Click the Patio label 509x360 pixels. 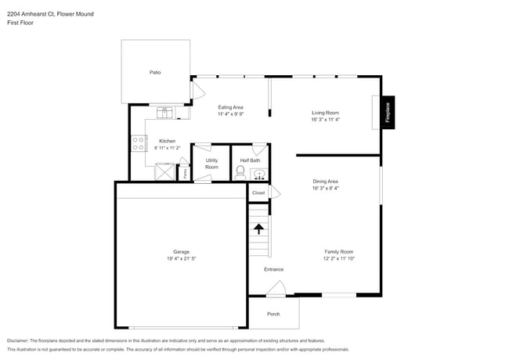click(155, 72)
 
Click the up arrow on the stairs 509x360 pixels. click(258, 229)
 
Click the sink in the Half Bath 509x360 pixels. click(260, 174)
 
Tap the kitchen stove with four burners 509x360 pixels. click(138, 143)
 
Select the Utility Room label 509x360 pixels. click(211, 164)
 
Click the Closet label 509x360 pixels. click(258, 193)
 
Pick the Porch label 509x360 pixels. click(273, 314)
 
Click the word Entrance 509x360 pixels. click(273, 269)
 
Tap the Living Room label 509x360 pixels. click(325, 113)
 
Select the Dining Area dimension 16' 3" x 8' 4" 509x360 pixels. click(325, 188)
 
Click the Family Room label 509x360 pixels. click(339, 251)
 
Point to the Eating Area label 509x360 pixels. click(230, 106)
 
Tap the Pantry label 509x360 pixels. click(185, 174)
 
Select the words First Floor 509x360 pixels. click(20, 23)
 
